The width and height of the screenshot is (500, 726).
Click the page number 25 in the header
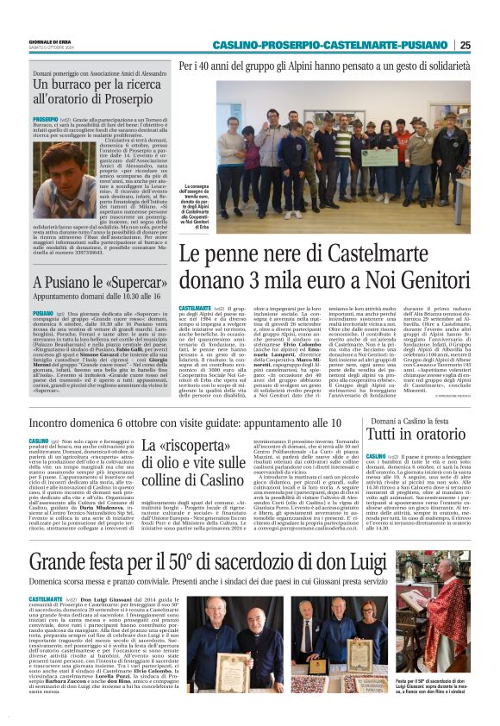point(466,45)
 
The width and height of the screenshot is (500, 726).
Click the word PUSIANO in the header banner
point(427,45)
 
